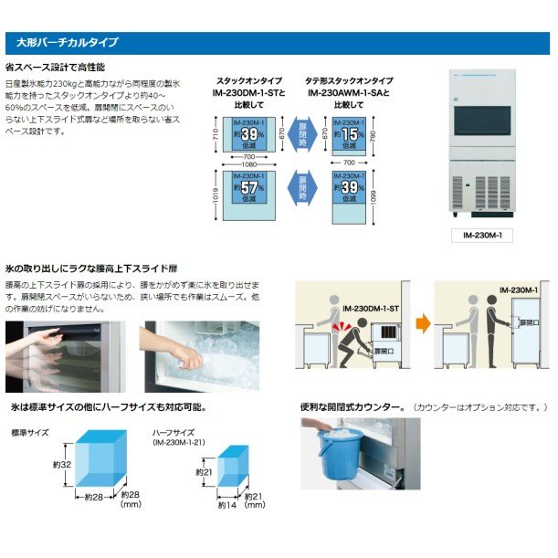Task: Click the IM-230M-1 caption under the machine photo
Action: pos(495,235)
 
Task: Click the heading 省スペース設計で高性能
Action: pos(56,68)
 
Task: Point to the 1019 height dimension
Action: pos(217,195)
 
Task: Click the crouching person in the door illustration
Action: pos(352,341)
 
